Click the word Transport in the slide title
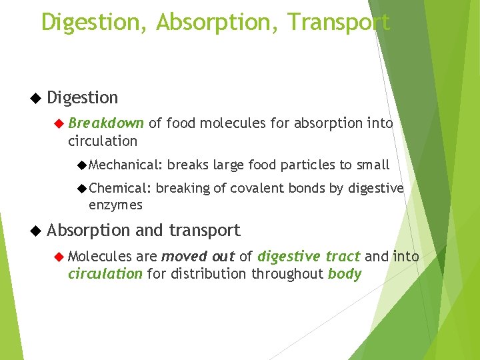point(339,22)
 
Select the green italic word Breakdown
point(106,123)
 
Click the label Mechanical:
point(125,165)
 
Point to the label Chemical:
point(120,189)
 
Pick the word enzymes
point(115,205)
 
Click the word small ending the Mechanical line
point(373,165)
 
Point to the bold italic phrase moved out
point(198,257)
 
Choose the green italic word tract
point(343,257)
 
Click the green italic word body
point(345,274)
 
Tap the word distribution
point(209,274)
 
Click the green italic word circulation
point(105,274)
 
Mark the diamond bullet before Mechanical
point(82,165)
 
